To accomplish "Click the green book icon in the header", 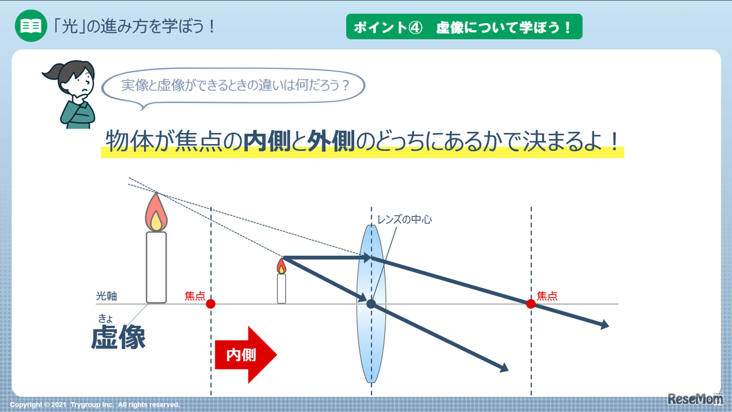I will (31, 26).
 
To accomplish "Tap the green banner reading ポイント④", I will (464, 27).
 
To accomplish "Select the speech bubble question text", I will (235, 86).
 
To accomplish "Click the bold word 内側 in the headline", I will (266, 141).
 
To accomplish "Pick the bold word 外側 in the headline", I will (331, 141).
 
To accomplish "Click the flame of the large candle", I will (156, 214).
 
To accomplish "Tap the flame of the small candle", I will (281, 266).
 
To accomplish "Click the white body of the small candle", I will (281, 288).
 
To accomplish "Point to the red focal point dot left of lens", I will (211, 304).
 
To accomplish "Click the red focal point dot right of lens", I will (530, 304).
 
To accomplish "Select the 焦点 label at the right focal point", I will (547, 296).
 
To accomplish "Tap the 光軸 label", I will (107, 296).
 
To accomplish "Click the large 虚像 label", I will (118, 338).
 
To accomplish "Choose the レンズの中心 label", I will (404, 220).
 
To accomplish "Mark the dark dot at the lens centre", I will (371, 303).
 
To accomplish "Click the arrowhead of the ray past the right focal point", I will (605, 326).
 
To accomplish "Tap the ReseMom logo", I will (695, 399).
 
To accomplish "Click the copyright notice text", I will (95, 404).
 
